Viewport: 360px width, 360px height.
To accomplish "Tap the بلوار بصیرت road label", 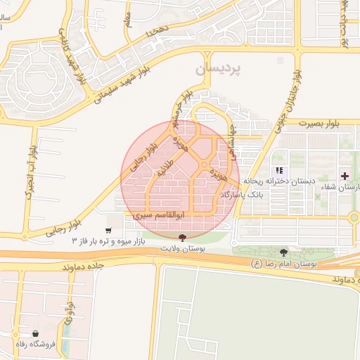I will click(317, 123).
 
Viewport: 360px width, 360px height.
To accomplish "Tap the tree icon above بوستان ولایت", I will click(183, 238).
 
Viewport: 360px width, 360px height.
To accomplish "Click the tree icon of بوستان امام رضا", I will click(283, 252).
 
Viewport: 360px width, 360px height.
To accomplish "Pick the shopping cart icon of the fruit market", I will click(108, 230).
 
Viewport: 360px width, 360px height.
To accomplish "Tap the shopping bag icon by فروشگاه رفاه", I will click(36, 333).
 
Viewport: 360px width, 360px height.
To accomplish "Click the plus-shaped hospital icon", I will click(345, 174).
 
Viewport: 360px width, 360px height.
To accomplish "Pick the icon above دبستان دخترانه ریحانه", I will click(279, 170).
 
